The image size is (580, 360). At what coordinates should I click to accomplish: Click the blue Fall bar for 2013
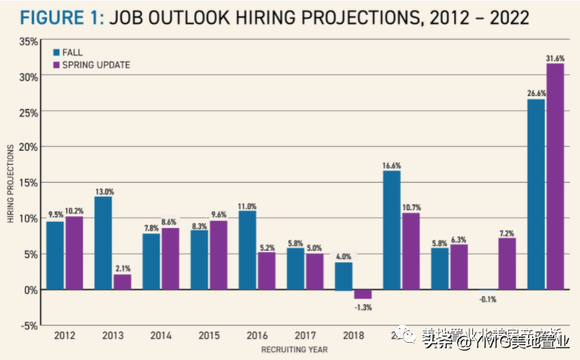tap(104, 242)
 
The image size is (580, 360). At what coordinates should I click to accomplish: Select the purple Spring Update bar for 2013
tap(123, 281)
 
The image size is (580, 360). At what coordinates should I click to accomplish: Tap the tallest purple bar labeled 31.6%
tap(555, 176)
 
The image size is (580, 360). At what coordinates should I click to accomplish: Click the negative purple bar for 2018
tap(363, 294)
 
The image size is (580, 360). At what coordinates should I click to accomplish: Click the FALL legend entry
tap(72, 52)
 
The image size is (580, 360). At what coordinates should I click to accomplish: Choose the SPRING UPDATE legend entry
tap(91, 65)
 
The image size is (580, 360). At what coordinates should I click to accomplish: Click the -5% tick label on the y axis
tap(28, 325)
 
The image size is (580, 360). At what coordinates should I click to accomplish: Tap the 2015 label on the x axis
tap(209, 336)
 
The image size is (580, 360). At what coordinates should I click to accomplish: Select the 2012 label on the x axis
tap(65, 336)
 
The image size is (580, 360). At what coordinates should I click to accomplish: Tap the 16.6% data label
tap(391, 166)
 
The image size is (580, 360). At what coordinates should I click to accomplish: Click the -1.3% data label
tap(363, 307)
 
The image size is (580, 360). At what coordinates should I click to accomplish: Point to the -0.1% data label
tap(488, 299)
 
